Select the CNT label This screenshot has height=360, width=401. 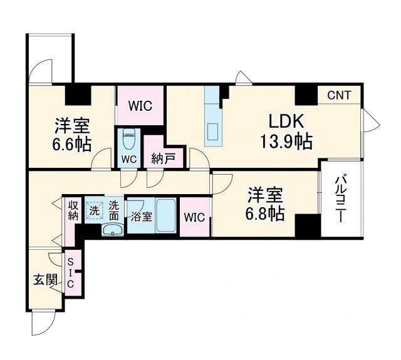(x=339, y=96)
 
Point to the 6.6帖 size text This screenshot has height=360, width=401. (x=71, y=145)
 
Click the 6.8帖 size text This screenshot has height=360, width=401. (x=264, y=213)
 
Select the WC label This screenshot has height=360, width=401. (x=129, y=158)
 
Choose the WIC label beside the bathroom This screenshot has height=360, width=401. (x=194, y=218)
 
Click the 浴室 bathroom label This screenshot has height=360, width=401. (x=141, y=217)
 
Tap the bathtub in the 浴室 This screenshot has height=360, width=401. (x=166, y=215)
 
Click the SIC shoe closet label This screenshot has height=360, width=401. (x=70, y=273)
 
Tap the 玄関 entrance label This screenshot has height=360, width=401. (x=44, y=279)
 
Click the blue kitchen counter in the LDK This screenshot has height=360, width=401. (x=213, y=115)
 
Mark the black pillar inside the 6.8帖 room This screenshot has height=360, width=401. (x=308, y=225)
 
